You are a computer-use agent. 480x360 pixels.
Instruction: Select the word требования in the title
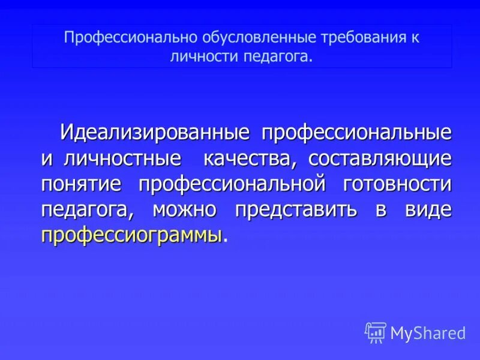click(x=352, y=37)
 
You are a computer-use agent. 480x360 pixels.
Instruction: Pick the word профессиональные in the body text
click(x=355, y=133)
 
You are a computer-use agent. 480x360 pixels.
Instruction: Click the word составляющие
click(x=380, y=159)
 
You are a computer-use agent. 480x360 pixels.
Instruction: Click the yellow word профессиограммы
click(x=131, y=235)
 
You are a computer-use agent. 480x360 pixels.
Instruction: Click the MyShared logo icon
click(x=376, y=332)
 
